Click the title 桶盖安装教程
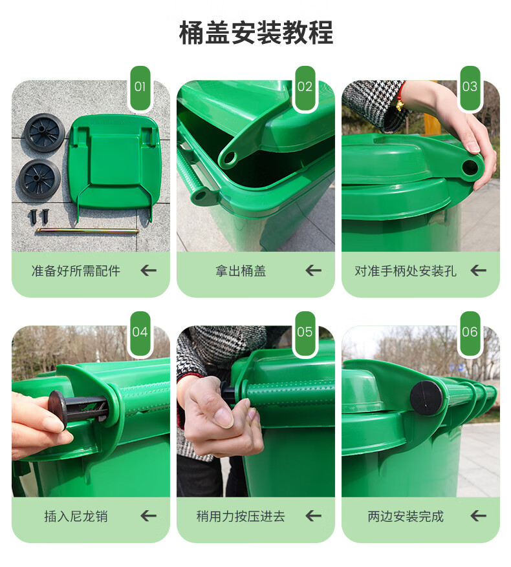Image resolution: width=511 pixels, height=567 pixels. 255,33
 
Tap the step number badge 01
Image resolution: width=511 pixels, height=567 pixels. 140,88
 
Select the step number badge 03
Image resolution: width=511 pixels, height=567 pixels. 470,88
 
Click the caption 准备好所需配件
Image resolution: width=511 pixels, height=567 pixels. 76,271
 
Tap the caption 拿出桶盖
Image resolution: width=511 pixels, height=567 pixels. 241,271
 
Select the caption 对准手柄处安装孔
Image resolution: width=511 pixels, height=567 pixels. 406,271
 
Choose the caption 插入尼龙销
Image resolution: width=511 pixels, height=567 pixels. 76,516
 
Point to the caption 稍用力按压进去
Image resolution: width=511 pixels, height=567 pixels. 241,516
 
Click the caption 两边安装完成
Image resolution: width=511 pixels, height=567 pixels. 406,516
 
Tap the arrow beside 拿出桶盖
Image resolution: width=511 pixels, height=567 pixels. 313,270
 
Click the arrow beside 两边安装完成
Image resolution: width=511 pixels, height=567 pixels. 478,515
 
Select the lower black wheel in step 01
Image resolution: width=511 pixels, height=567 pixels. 39,178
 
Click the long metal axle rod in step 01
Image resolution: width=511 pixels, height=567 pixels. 87,231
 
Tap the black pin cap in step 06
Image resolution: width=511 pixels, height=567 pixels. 426,397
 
